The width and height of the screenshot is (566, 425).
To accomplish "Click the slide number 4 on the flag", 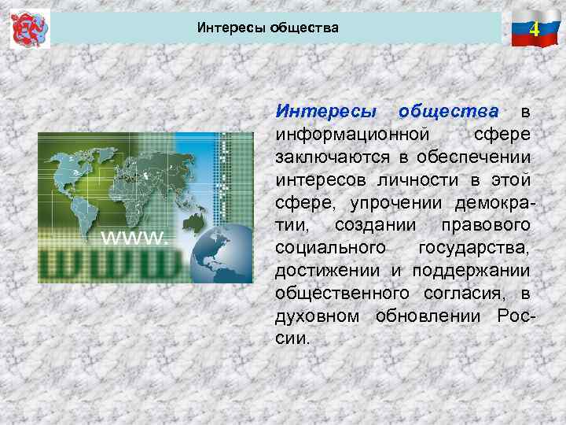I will pos(534,31).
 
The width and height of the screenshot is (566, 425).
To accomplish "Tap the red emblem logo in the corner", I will pos(29,28).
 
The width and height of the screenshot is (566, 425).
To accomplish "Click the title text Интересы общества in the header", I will pos(268,28).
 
